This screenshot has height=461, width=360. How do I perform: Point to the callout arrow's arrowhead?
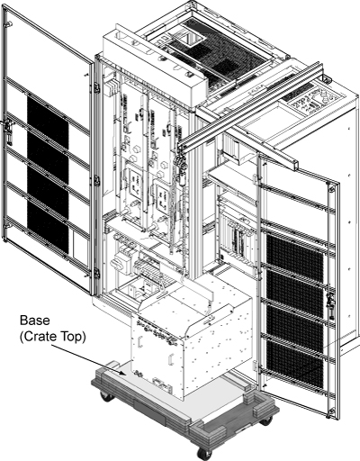click(122, 373)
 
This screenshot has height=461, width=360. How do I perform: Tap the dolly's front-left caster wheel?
click(107, 397)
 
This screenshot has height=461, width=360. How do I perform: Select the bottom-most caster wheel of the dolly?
click(204, 453)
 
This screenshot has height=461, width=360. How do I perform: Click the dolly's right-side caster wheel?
click(265, 420)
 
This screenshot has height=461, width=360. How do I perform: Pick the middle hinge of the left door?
click(97, 180)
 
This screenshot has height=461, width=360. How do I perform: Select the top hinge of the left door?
click(97, 87)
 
